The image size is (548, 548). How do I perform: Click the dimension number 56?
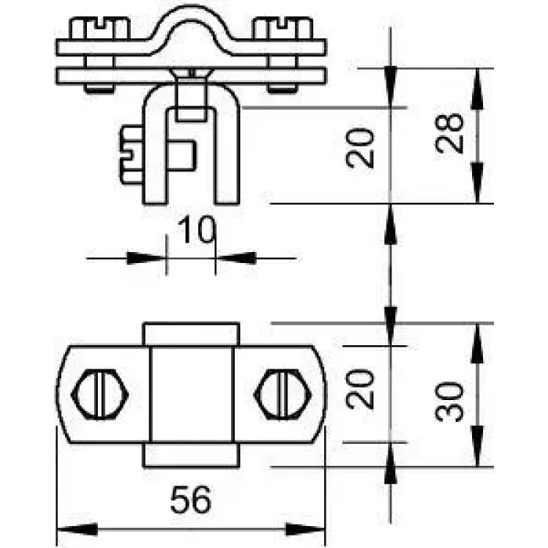tap(191, 499)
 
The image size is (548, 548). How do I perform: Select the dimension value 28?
tap(449, 133)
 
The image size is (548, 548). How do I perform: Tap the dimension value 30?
tap(449, 401)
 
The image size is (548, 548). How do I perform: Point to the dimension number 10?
tap(196, 229)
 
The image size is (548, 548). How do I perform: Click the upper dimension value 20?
tap(360, 148)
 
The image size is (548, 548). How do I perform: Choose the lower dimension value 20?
tap(360, 388)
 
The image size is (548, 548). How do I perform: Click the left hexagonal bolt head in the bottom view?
tap(100, 395)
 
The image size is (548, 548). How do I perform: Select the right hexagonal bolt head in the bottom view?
tap(282, 395)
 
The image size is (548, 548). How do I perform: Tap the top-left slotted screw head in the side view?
tap(99, 29)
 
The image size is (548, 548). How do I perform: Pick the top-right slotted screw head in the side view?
tap(283, 29)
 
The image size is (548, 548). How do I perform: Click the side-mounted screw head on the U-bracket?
tap(132, 155)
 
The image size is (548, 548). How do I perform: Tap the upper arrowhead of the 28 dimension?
tap(478, 88)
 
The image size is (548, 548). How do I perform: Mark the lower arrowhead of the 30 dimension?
tap(478, 446)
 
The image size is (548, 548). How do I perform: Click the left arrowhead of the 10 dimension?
tap(146, 258)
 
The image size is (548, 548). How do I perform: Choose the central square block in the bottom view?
tap(192, 395)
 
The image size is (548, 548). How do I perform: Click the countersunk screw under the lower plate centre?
tap(190, 95)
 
